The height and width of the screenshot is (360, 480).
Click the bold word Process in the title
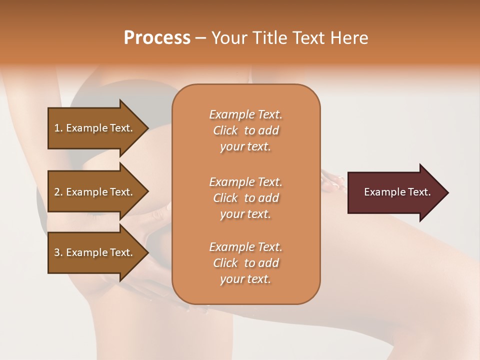pos(157,38)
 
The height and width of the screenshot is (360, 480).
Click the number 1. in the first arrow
pos(58,128)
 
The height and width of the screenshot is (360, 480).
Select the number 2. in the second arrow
pos(58,192)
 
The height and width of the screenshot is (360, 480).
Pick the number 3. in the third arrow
pos(58,252)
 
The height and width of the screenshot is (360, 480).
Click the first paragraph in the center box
pos(245,130)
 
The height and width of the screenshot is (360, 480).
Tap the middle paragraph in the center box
pos(245,198)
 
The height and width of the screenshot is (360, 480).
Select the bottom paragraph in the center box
pos(245,263)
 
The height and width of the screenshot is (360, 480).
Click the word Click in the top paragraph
pos(225,130)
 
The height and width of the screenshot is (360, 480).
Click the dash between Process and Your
pos(200,38)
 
